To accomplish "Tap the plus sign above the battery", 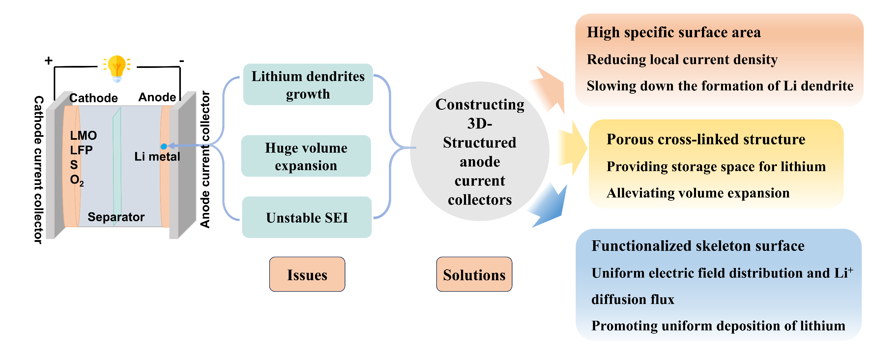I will tap(49, 60).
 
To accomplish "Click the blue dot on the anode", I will tap(164, 146).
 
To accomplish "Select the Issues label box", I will tap(307, 274).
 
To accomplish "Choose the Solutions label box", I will tap(474, 274).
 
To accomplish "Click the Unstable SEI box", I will tap(307, 218).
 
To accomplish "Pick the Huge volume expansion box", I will tap(306, 156).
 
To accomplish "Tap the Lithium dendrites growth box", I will tap(308, 84).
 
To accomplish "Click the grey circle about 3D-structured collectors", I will tap(479, 151).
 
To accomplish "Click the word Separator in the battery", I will tap(116, 217).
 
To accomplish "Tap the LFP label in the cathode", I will tap(81, 150).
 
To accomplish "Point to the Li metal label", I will tap(157, 156).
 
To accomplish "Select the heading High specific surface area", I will tap(674, 32).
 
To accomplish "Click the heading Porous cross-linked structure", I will tap(706, 139).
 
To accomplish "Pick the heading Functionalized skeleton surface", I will tap(698, 246).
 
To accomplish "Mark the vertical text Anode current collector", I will tap(205, 160).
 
